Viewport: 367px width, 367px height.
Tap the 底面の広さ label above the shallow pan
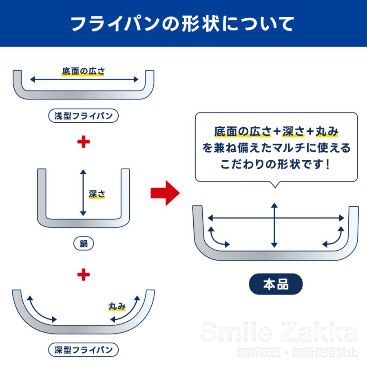click(83, 71)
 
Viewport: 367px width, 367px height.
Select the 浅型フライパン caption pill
click(84, 116)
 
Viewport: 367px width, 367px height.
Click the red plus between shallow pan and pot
click(83, 142)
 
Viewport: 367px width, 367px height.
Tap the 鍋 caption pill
click(84, 244)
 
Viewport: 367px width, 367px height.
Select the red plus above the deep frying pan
click(83, 274)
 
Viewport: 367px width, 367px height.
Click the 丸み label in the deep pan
click(117, 306)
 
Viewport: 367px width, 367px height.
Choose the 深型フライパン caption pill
click(84, 350)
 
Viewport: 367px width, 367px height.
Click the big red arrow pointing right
click(165, 192)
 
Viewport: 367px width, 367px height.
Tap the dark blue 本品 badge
click(276, 284)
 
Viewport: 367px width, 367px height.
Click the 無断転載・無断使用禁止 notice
click(297, 352)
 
